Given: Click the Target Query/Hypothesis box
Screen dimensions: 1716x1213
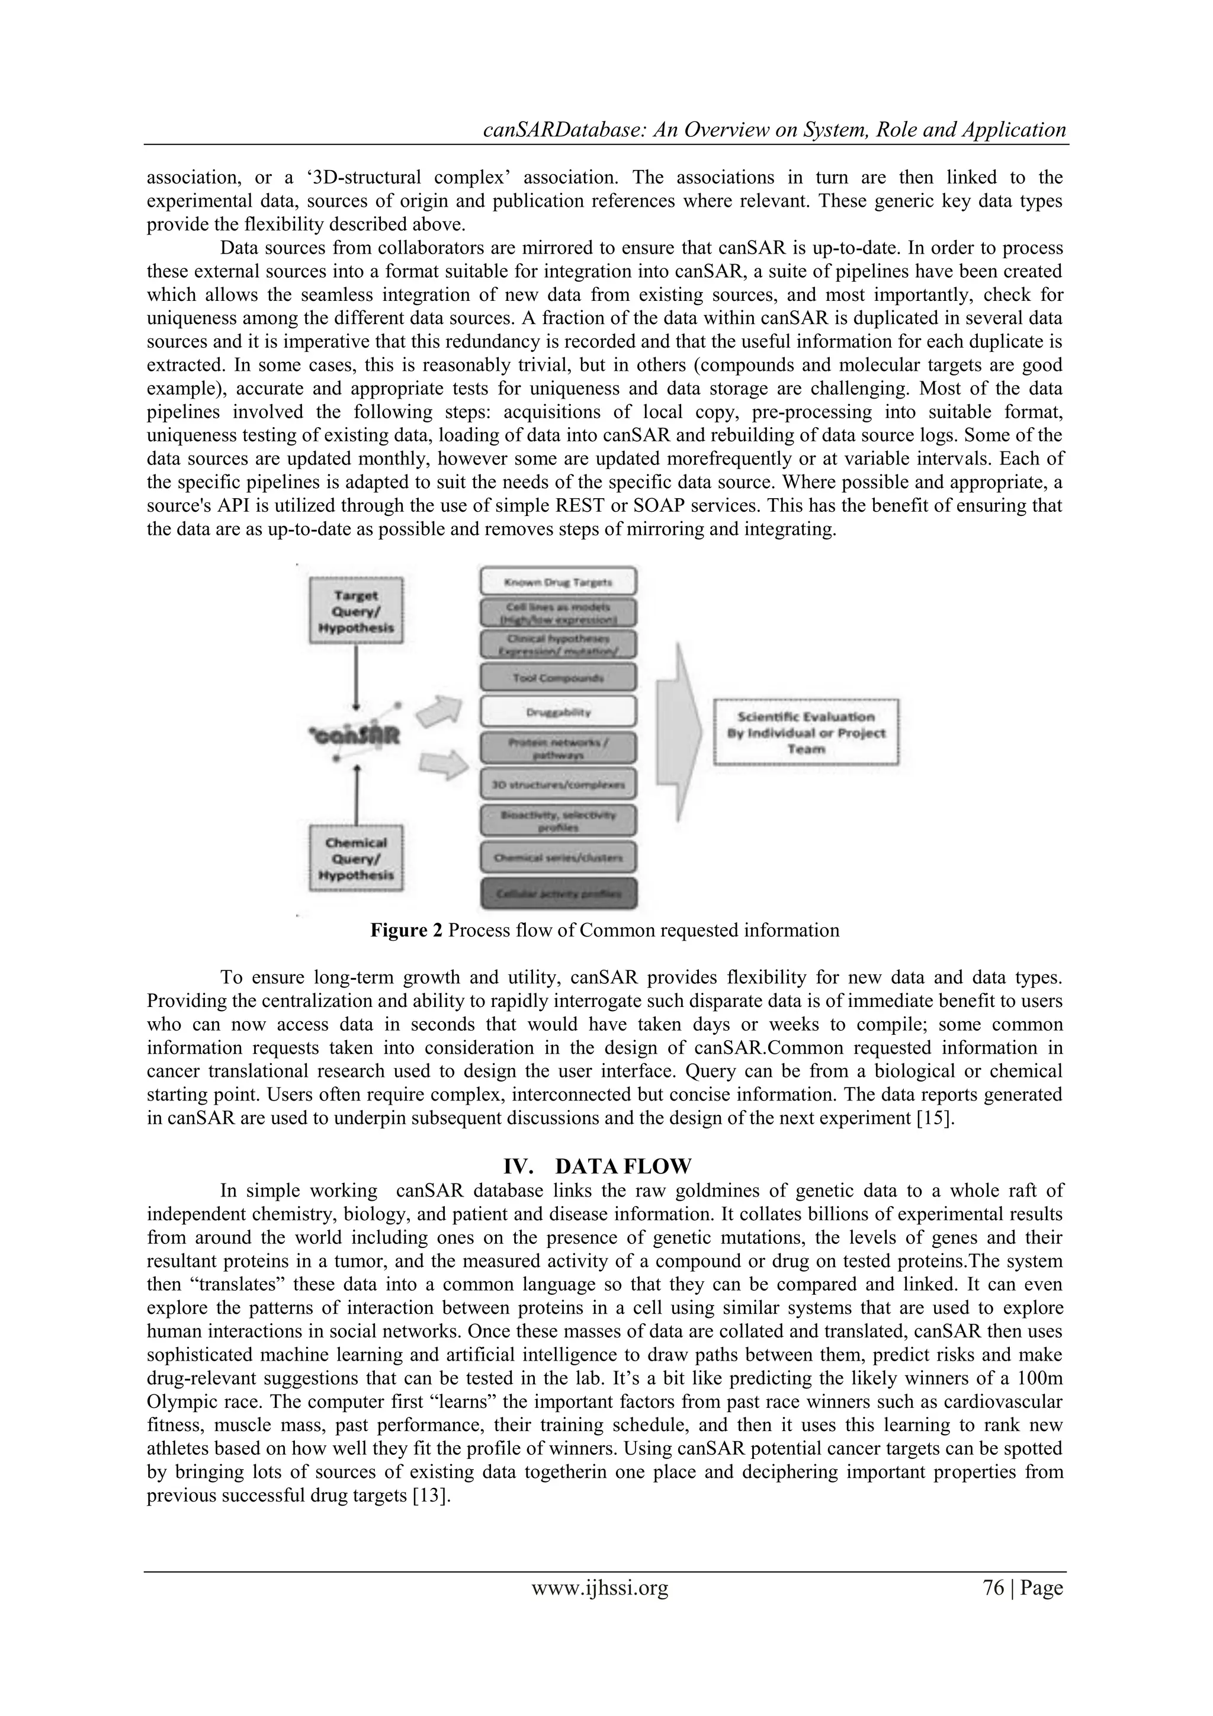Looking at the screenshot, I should click(x=357, y=611).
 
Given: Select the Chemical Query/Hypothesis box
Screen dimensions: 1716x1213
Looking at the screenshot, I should click(x=357, y=858).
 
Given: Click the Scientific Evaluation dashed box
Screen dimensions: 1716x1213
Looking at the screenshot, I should click(x=806, y=732).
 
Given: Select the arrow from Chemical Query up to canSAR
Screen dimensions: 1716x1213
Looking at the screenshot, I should click(x=357, y=794).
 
